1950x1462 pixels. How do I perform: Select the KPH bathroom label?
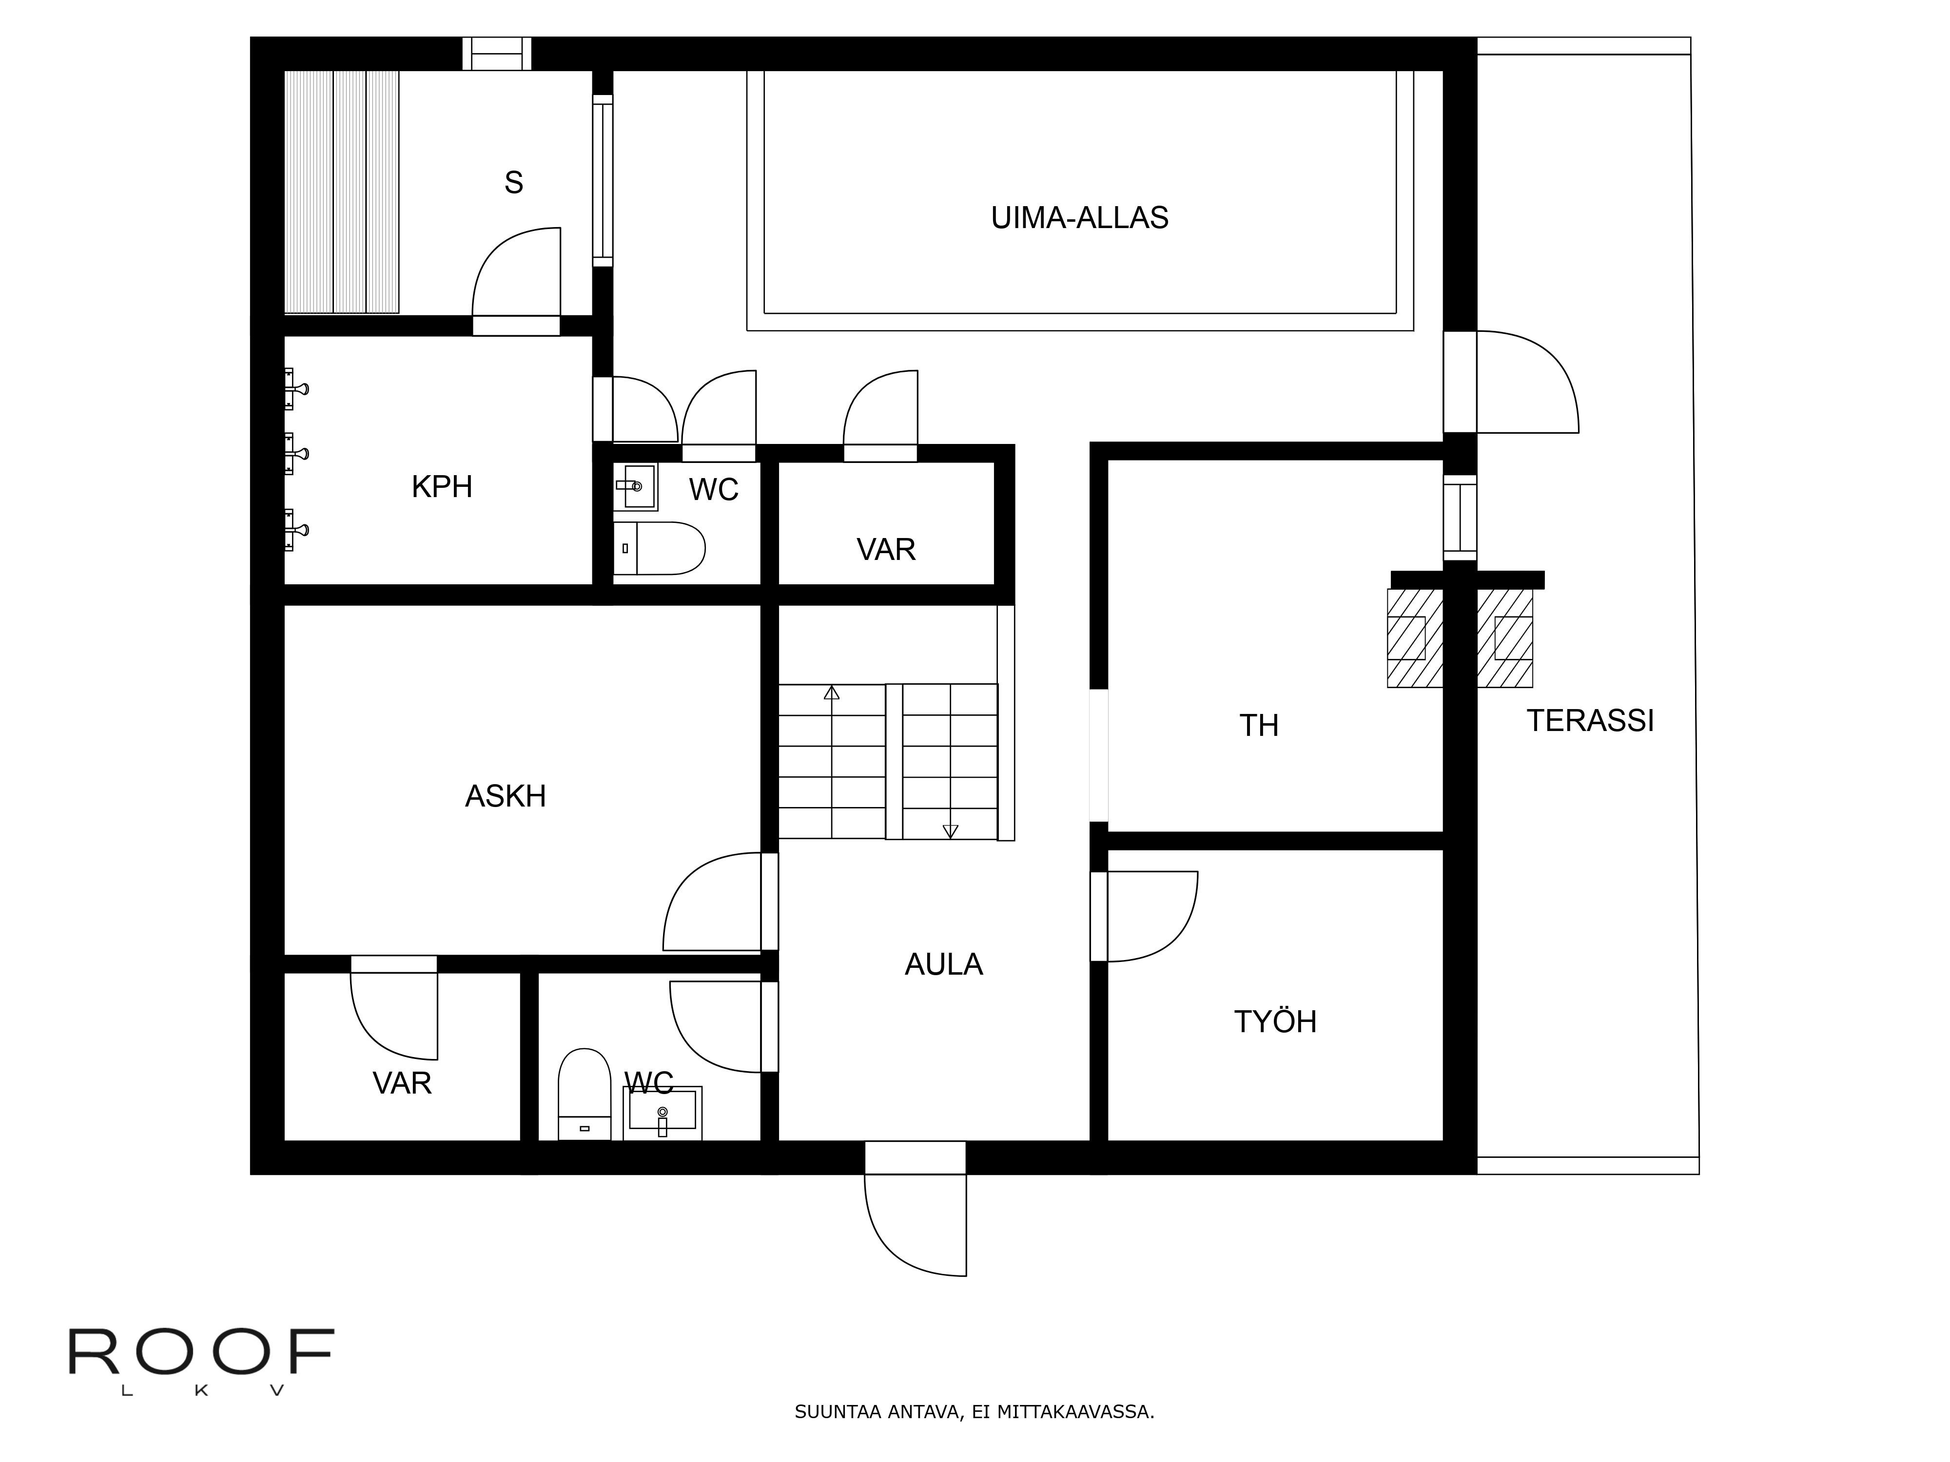(x=442, y=486)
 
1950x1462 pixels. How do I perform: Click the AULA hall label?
(x=943, y=964)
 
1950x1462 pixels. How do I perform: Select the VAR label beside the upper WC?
(x=886, y=549)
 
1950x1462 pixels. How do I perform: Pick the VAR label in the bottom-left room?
(x=402, y=1083)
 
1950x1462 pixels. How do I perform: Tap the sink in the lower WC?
(x=662, y=1113)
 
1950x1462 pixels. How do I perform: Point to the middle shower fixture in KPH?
(x=295, y=454)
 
